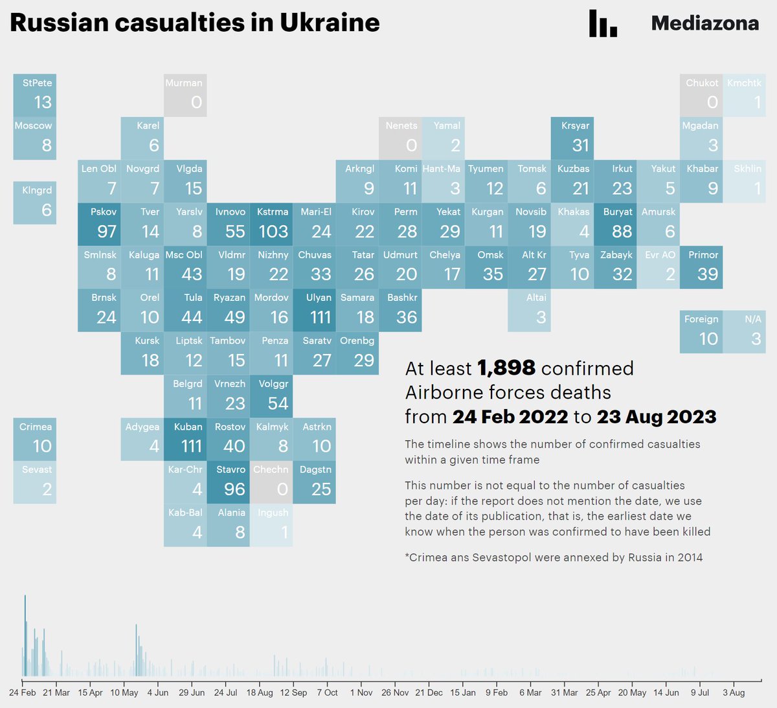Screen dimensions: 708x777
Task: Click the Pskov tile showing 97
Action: [x=99, y=224]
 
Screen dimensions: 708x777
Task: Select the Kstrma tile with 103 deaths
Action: [x=271, y=224]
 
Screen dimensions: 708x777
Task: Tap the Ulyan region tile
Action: [x=314, y=310]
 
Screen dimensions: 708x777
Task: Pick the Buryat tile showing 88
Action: [x=614, y=224]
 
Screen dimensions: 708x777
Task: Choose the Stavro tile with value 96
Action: [x=228, y=482]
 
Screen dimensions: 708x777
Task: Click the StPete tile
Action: [x=35, y=95]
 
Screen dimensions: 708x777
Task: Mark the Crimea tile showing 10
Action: [x=35, y=439]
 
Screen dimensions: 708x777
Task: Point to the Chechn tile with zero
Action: [x=271, y=482]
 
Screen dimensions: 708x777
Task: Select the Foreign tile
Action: [x=701, y=331]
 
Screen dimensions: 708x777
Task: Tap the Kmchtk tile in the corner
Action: [x=744, y=95]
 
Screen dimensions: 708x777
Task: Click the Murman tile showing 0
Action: [x=185, y=95]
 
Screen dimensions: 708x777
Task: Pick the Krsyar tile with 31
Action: [x=572, y=138]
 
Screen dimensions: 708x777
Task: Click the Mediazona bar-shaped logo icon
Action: [x=603, y=23]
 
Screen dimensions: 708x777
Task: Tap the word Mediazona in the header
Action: [x=704, y=23]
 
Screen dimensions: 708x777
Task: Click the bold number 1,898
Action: [x=506, y=368]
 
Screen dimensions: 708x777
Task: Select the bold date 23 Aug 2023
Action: [x=657, y=416]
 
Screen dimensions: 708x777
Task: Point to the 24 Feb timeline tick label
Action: [x=23, y=692]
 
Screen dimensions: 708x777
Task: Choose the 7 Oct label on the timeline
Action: [x=327, y=692]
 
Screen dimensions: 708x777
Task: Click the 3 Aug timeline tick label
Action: [x=734, y=692]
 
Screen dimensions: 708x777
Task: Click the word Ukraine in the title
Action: [x=330, y=23]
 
